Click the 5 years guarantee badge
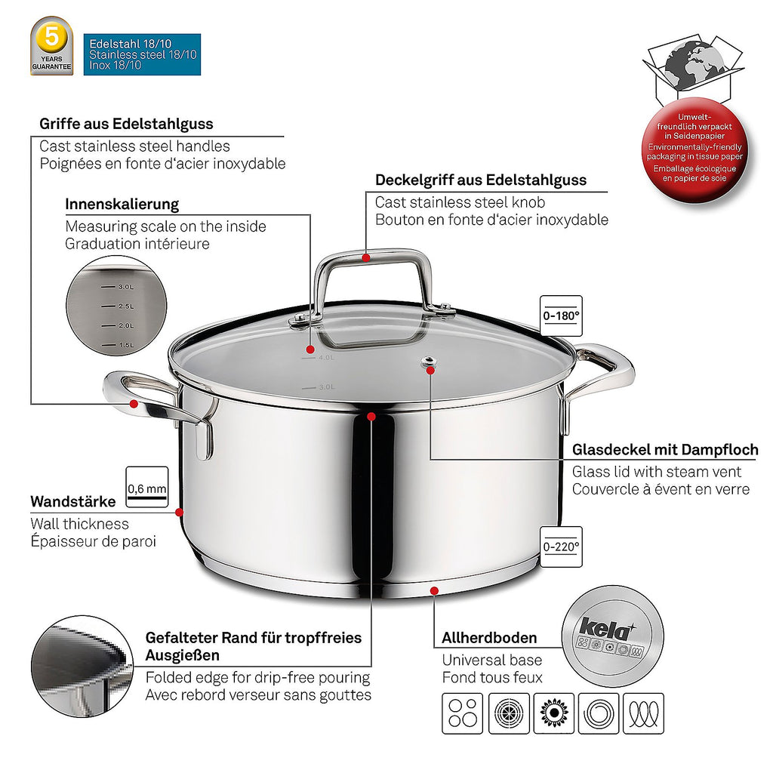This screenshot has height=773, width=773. (52, 46)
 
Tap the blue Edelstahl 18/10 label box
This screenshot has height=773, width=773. (142, 54)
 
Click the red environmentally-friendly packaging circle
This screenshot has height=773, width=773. (694, 149)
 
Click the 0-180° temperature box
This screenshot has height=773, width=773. (561, 316)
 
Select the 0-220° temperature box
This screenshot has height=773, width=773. (561, 547)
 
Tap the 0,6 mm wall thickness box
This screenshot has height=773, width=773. (147, 487)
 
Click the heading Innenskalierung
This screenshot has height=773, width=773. (122, 204)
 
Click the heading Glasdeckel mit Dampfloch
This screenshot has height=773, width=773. (665, 450)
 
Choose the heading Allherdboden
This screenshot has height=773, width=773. (489, 638)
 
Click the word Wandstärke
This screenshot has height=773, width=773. (73, 502)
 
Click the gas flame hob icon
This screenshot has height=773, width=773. (554, 713)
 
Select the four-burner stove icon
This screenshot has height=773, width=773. (463, 713)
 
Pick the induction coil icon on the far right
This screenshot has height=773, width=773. (644, 713)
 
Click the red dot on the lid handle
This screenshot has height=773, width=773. (366, 258)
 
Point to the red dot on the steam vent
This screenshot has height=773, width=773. (430, 370)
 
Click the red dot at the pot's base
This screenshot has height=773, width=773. (434, 590)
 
